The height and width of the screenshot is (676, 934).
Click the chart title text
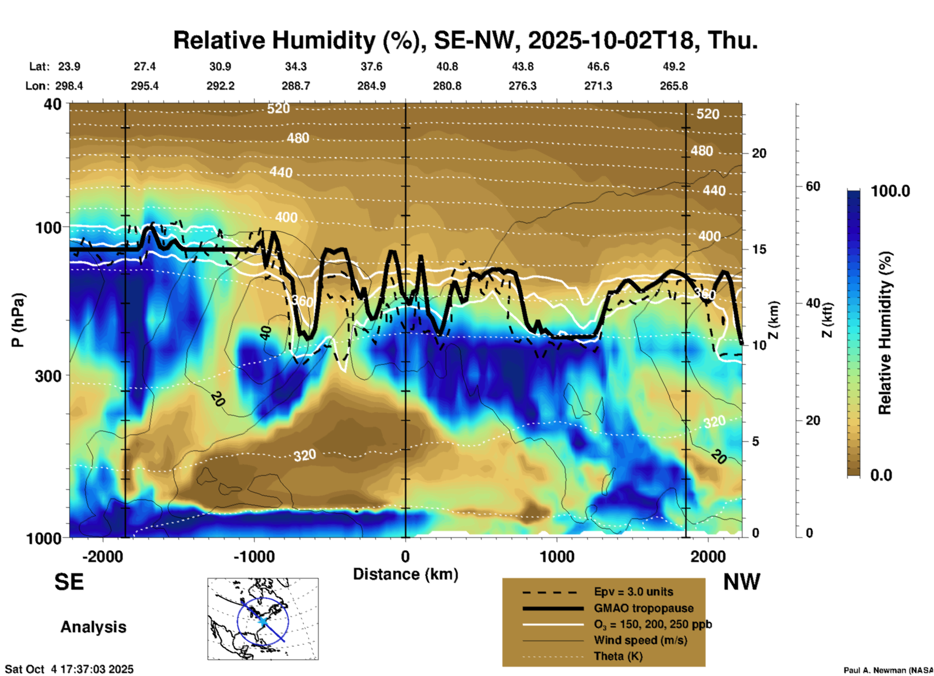[x=465, y=40]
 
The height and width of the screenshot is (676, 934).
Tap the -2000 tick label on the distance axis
[x=102, y=556]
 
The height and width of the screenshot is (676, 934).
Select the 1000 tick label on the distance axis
[x=557, y=556]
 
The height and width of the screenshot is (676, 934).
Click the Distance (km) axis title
[x=405, y=574]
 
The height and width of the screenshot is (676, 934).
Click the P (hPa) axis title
[x=17, y=320]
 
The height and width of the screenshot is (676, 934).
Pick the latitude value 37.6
[x=371, y=66]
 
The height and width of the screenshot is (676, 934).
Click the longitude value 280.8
[x=447, y=86]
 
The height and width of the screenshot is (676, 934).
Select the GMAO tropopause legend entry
[x=644, y=608]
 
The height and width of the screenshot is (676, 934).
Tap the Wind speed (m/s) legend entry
[x=640, y=640]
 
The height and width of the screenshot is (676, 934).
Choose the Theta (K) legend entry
[x=618, y=656]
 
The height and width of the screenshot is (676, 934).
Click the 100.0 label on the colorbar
[x=890, y=191]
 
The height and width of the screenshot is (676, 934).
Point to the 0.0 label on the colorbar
[x=881, y=475]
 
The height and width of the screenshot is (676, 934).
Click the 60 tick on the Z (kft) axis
[x=813, y=186]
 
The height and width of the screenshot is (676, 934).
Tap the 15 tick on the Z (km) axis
[x=759, y=249]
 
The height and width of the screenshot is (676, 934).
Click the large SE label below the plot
[x=69, y=582]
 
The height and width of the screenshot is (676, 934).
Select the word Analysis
[x=93, y=627]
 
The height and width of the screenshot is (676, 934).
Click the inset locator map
[x=263, y=618]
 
